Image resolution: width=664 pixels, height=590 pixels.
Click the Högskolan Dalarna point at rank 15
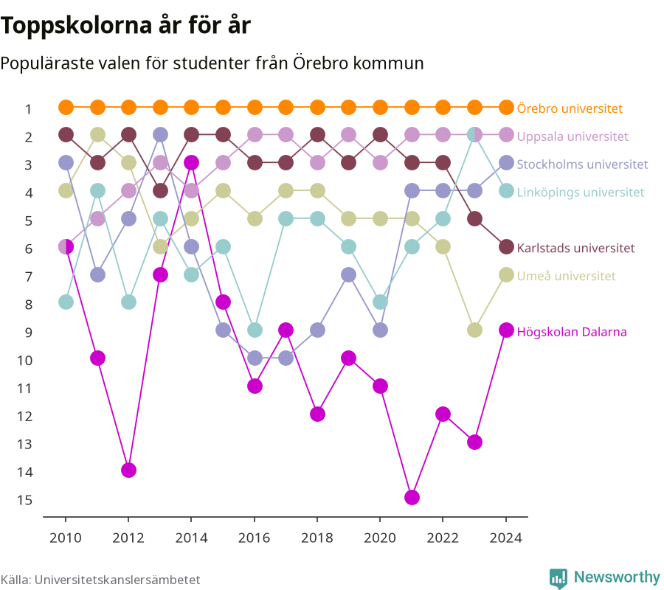pos(412,498)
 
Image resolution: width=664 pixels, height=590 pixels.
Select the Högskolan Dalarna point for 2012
pos(128,470)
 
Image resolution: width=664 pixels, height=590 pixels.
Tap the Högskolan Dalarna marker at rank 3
pos(191,162)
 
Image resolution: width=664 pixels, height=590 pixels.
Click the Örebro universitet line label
pos(570,108)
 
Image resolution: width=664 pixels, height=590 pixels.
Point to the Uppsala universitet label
pos(573,136)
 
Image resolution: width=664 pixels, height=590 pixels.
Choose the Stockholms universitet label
pos(582,164)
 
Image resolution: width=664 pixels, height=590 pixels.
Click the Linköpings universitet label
pos(581,192)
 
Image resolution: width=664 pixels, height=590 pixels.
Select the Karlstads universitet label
pos(576,248)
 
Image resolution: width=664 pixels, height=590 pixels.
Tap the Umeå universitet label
pos(566,276)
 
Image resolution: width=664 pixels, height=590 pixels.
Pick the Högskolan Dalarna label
pos(572,332)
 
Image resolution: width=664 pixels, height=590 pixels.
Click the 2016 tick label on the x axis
pos(254,538)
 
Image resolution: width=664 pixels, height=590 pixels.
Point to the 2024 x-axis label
pos(506,538)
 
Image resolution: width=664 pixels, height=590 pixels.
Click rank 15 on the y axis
pos(24,500)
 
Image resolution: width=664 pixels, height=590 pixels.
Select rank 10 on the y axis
pos(24,361)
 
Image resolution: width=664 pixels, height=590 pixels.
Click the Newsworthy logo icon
pos(558,578)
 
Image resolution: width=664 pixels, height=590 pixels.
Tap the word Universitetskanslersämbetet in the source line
pos(117,580)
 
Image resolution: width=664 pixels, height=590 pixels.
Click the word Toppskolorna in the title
pos(76,26)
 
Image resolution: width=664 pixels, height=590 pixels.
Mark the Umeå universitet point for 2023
pos(474,330)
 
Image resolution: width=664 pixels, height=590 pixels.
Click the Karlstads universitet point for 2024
pos(506,247)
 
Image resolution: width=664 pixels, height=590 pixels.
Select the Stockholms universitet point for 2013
pos(160,134)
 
